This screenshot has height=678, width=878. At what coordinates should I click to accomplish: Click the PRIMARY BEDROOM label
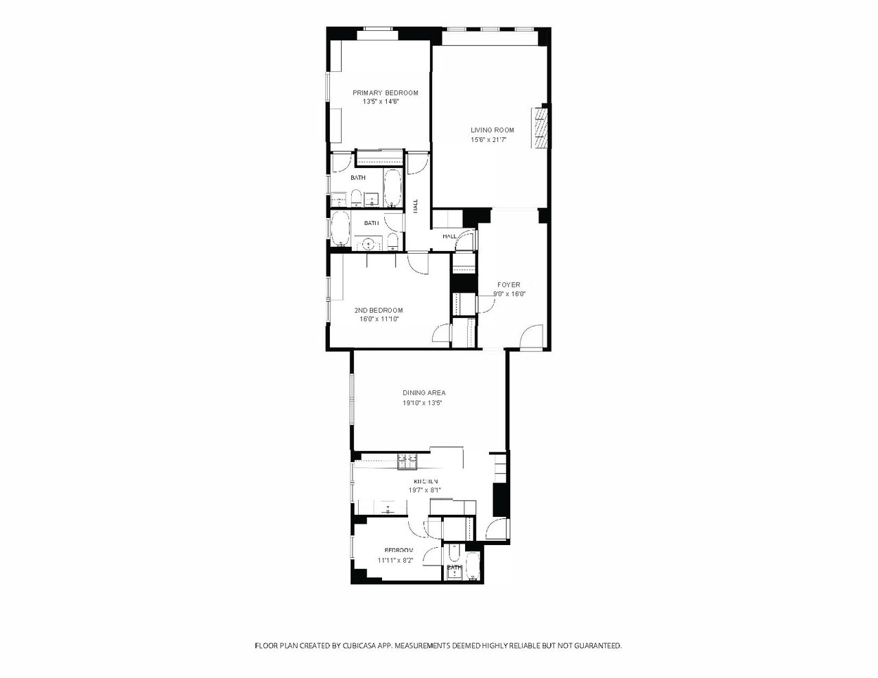385,93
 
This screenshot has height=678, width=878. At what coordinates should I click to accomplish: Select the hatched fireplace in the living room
541,127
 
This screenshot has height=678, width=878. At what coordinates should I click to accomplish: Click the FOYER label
508,284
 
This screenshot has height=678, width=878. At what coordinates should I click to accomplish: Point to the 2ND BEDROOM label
379,310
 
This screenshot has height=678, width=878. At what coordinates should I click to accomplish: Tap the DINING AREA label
424,393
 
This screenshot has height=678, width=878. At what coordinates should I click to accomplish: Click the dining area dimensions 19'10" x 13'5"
424,403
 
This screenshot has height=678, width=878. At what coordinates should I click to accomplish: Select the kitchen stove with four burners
409,460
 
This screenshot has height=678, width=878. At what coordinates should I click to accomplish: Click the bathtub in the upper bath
392,187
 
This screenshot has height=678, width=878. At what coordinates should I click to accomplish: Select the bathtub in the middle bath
340,228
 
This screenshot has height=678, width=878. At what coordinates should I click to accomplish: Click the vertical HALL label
415,205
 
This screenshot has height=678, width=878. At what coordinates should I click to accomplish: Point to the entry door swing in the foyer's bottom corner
531,338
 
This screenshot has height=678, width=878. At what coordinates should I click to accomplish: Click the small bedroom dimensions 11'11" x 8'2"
395,560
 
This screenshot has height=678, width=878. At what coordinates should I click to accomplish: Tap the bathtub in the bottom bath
473,567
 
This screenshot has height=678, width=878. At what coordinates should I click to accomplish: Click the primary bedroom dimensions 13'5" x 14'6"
381,101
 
